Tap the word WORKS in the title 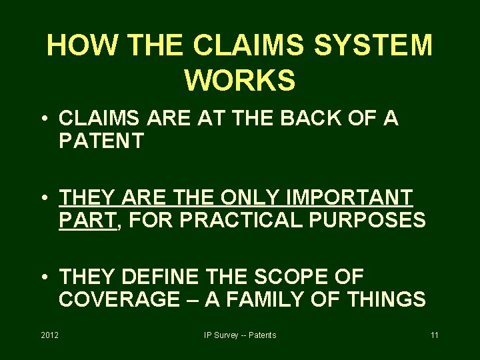(240, 80)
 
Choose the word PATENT (101, 141)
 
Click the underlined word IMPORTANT (349, 197)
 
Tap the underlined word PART (87, 219)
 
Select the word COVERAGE (119, 299)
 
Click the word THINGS (387, 299)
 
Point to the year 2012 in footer (50, 335)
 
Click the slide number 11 (435, 335)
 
